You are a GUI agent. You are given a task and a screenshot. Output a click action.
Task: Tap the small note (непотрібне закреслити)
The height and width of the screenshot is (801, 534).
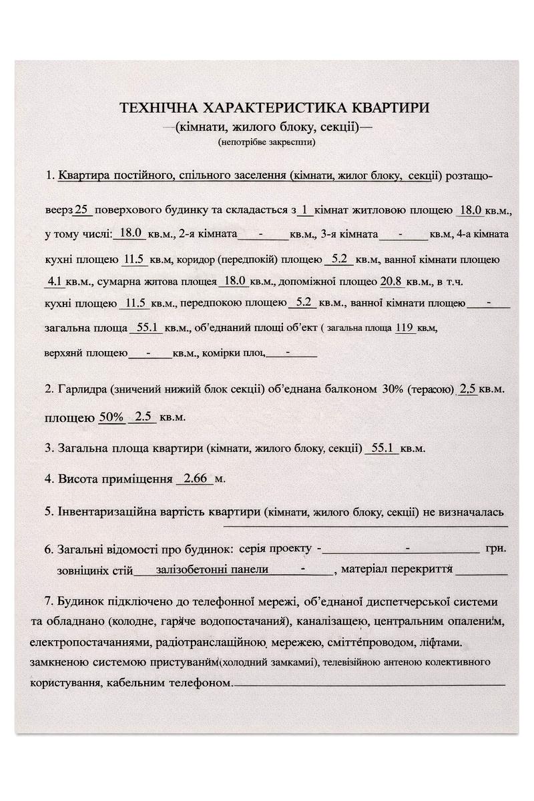266,142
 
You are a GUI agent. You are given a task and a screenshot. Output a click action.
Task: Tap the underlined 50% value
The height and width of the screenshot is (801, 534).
111,417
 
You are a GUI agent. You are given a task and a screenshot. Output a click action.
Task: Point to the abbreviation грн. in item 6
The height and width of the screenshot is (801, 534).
496,549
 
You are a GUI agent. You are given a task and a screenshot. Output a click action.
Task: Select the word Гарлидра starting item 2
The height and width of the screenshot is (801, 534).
83,388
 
